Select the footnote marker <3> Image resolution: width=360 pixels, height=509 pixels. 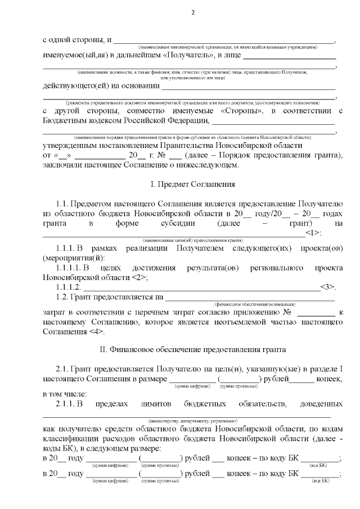pyautogui.click(x=327, y=287)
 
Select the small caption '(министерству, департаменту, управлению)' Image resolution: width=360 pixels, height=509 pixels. pyautogui.click(x=193, y=421)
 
